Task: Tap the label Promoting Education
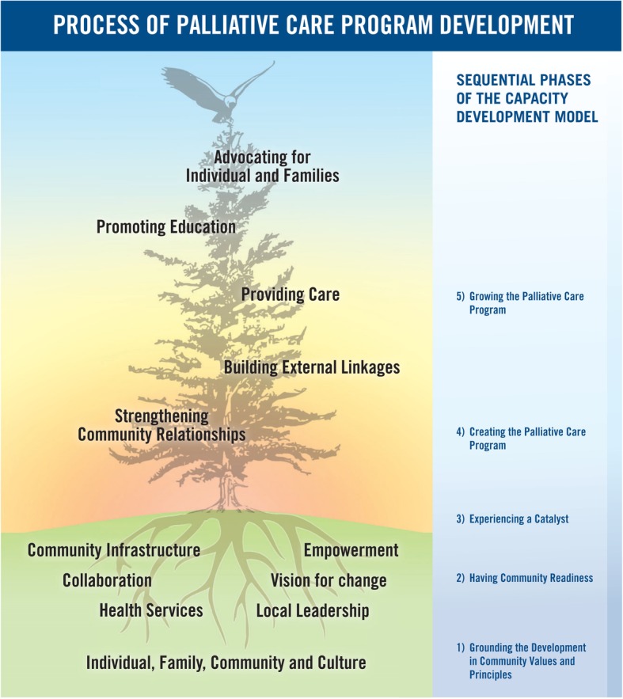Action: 166,227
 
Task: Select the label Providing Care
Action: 291,294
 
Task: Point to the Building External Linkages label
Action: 312,367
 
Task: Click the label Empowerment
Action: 351,550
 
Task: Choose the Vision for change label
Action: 329,580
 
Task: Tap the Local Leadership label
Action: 313,610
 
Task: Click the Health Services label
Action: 151,610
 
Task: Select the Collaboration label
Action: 108,580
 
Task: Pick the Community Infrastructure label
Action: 114,550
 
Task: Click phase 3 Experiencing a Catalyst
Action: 518,519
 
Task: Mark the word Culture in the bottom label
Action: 336,662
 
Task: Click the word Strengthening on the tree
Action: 161,416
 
